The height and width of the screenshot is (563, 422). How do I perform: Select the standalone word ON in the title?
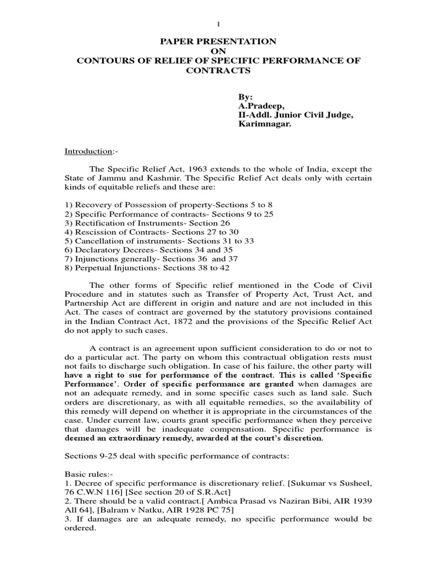(212, 51)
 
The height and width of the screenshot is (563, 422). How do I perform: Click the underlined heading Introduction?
(80, 151)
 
